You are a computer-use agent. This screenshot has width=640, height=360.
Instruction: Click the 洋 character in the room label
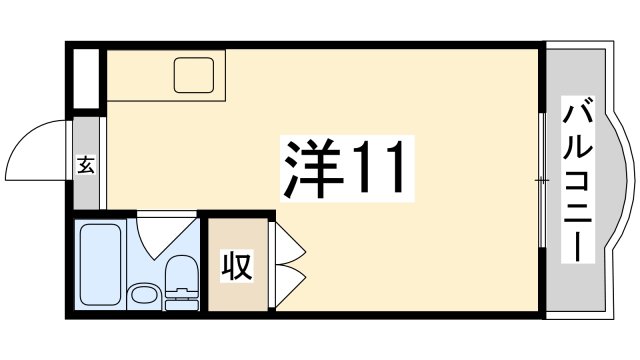click(x=312, y=169)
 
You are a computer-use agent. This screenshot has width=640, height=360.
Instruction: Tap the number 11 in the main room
click(x=380, y=167)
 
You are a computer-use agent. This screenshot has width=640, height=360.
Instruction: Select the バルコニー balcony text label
click(x=577, y=180)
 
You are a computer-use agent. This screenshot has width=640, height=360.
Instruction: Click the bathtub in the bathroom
click(x=100, y=265)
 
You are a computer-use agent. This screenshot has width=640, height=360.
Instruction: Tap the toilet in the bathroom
click(x=181, y=283)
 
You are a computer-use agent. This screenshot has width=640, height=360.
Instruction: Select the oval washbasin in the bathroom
click(x=144, y=295)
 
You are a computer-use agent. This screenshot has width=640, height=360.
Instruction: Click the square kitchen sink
click(x=194, y=75)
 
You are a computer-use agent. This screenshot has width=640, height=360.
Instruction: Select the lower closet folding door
click(x=290, y=286)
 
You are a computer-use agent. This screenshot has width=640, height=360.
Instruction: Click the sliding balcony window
click(x=542, y=180)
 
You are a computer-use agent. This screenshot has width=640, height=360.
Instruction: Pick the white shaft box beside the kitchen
click(x=86, y=79)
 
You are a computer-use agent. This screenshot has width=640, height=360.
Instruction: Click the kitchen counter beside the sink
click(x=139, y=76)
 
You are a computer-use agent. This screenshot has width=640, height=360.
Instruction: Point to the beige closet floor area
click(x=238, y=264)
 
